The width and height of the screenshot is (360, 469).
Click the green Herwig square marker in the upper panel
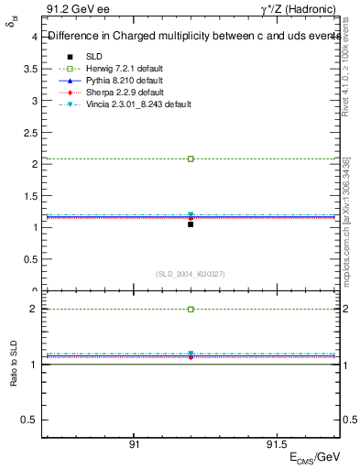pyautogui.click(x=191, y=158)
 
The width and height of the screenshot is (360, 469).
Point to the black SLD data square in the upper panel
pyautogui.click(x=191, y=224)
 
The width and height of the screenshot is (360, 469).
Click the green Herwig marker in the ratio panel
pyautogui.click(x=191, y=310)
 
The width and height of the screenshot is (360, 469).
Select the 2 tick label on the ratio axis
pyautogui.click(x=33, y=310)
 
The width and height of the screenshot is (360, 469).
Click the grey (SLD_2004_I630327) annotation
pyautogui.click(x=191, y=274)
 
